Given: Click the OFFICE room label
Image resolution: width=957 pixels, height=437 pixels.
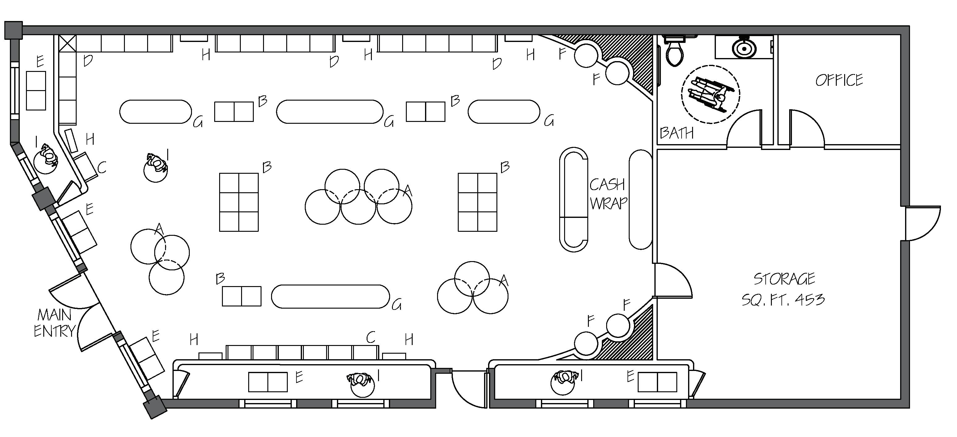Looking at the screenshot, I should coord(839,80).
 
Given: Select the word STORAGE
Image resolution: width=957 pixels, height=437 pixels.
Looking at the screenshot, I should coord(784,279).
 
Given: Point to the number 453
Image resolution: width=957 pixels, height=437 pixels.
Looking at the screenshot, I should coord(810,299).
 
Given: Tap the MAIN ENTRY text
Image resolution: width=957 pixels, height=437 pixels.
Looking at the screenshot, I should coord(54,323).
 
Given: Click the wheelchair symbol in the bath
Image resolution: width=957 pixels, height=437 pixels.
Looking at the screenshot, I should coord(710,95).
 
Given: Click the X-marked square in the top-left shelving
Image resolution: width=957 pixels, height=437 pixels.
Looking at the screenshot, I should coord(67,44).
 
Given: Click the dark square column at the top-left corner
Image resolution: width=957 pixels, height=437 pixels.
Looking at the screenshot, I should coord(13,30).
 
